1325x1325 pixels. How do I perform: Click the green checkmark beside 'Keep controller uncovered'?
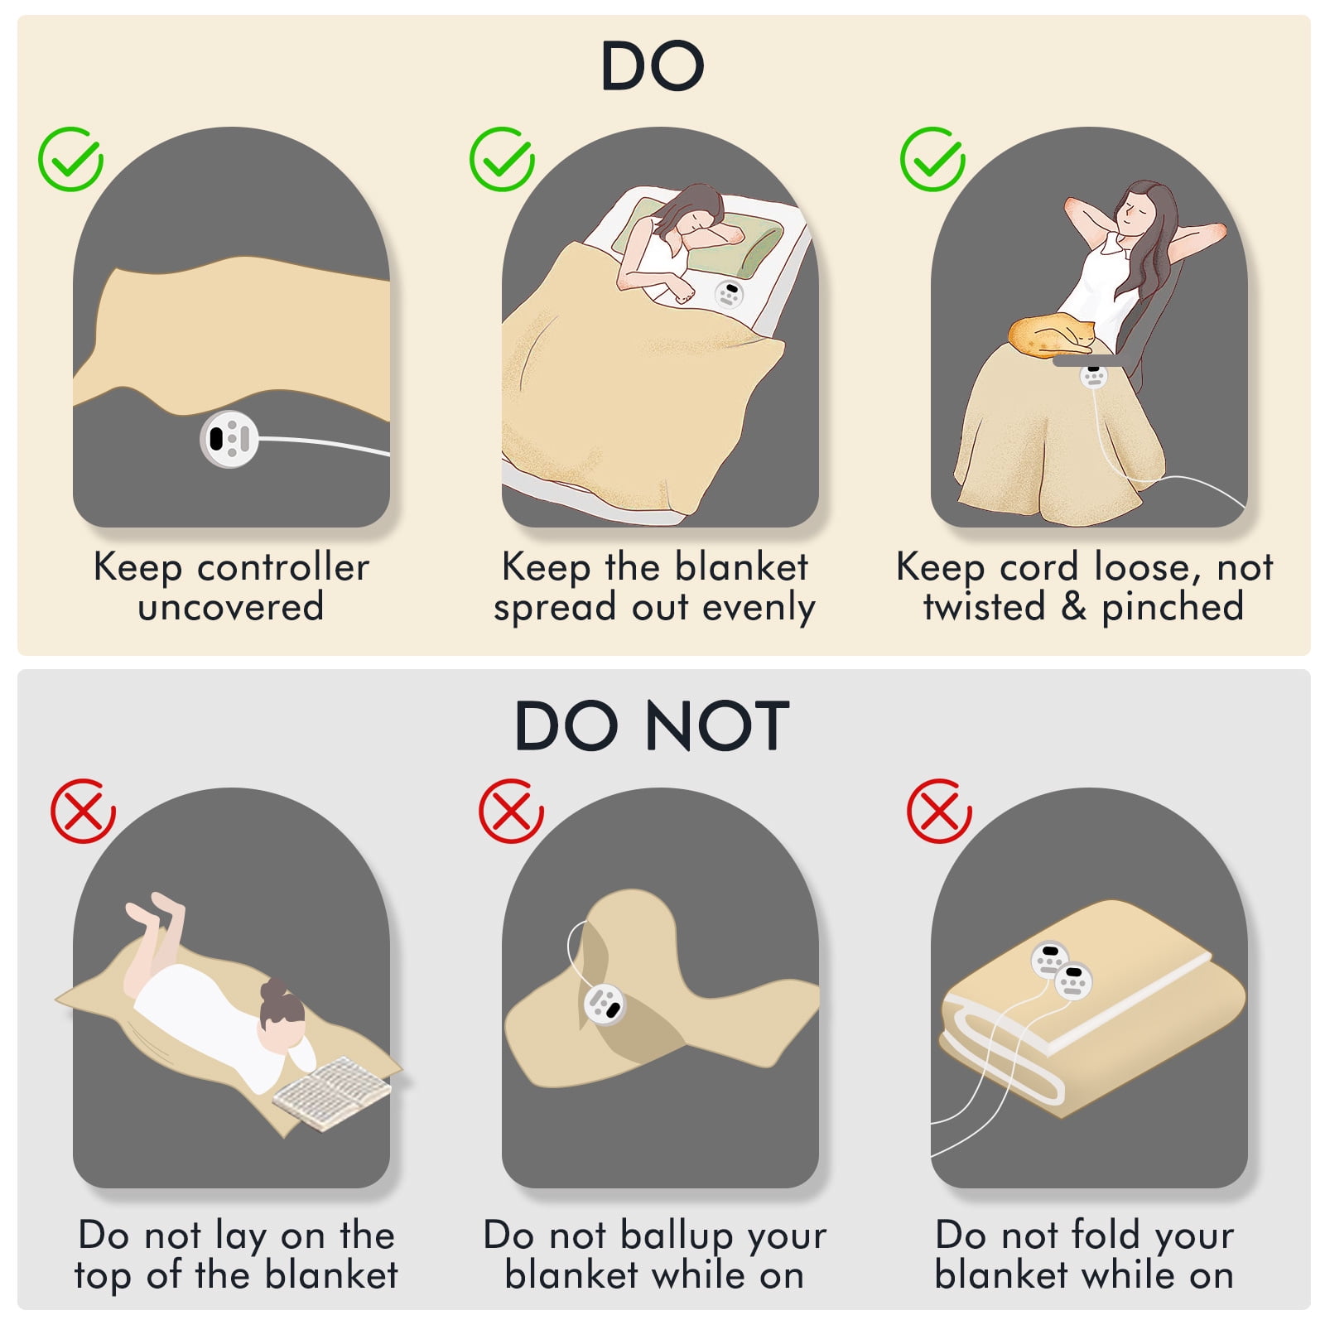click(x=70, y=159)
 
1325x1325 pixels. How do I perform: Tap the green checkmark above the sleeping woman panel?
click(x=502, y=159)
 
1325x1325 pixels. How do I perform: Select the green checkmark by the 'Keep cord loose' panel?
click(x=932, y=159)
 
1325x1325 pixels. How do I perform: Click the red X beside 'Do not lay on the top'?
click(x=83, y=811)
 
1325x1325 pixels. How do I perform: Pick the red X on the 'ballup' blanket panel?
click(x=511, y=811)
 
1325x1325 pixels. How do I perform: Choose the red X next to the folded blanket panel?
click(x=939, y=811)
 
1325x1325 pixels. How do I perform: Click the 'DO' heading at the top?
click(x=653, y=66)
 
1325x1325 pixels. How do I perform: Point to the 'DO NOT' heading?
click(x=653, y=726)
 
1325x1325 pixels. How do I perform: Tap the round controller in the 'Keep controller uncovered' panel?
click(x=229, y=439)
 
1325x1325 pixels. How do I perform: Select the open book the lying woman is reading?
click(x=331, y=1092)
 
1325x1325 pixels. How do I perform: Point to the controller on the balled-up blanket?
click(x=605, y=1005)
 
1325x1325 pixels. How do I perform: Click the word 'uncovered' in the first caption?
click(x=231, y=607)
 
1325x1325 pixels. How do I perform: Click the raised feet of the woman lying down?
click(x=155, y=908)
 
